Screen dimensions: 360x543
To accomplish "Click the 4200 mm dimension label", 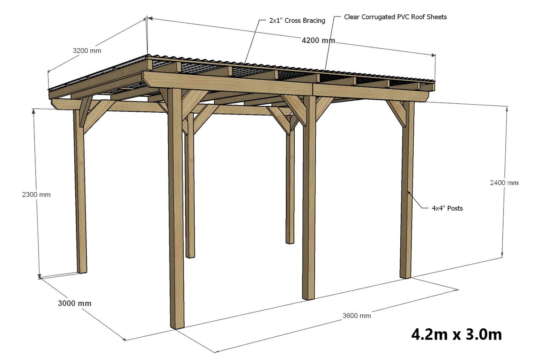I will coord(318,41).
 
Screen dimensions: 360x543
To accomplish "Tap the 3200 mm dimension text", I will coord(87,51).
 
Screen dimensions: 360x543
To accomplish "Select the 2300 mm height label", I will coord(36,195).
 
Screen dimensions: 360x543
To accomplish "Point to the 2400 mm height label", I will coord(504,182).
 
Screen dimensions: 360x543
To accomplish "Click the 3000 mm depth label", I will coord(74,303).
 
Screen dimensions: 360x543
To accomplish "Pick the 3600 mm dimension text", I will coord(356,316).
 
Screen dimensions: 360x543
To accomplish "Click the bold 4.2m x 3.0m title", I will coord(456,334).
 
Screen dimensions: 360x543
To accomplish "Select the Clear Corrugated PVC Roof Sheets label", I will coord(395,17).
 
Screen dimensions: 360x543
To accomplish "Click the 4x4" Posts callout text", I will coord(447,208).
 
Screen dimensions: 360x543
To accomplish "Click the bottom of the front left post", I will coord(178,325).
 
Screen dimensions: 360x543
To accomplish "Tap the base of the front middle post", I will coord(308,296).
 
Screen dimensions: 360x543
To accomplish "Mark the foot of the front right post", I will coord(405,275).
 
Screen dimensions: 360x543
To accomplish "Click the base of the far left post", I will coord(82,270).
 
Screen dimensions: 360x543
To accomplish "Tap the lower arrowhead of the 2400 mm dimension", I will coord(506,256).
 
